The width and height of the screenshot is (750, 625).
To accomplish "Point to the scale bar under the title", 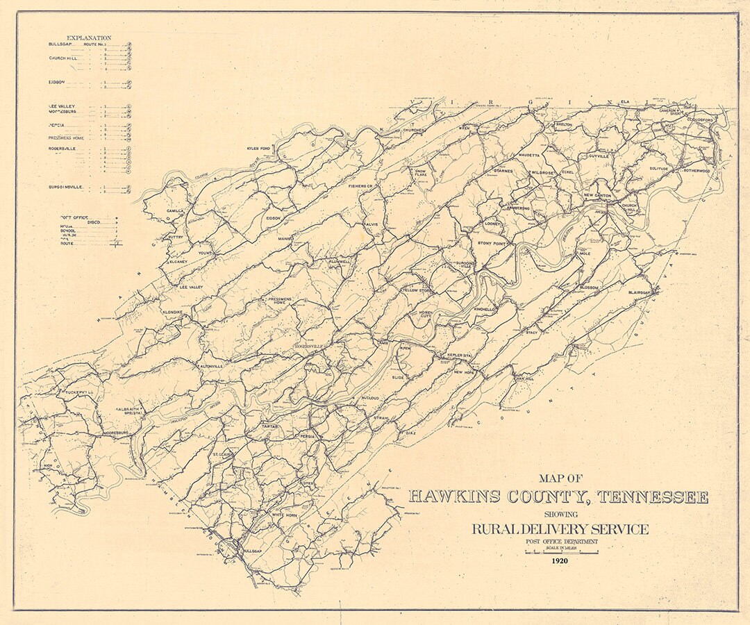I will [x=561, y=553].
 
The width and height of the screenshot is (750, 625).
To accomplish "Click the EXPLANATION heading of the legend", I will [x=88, y=38].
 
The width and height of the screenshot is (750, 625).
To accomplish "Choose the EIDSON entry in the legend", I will [x=56, y=82].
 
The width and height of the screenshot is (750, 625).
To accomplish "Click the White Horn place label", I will [x=284, y=515].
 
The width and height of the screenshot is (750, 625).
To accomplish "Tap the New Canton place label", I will [x=597, y=196].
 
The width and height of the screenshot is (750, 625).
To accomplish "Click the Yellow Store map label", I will [x=417, y=290].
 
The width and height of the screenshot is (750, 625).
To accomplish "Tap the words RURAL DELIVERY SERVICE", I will [x=560, y=529].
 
